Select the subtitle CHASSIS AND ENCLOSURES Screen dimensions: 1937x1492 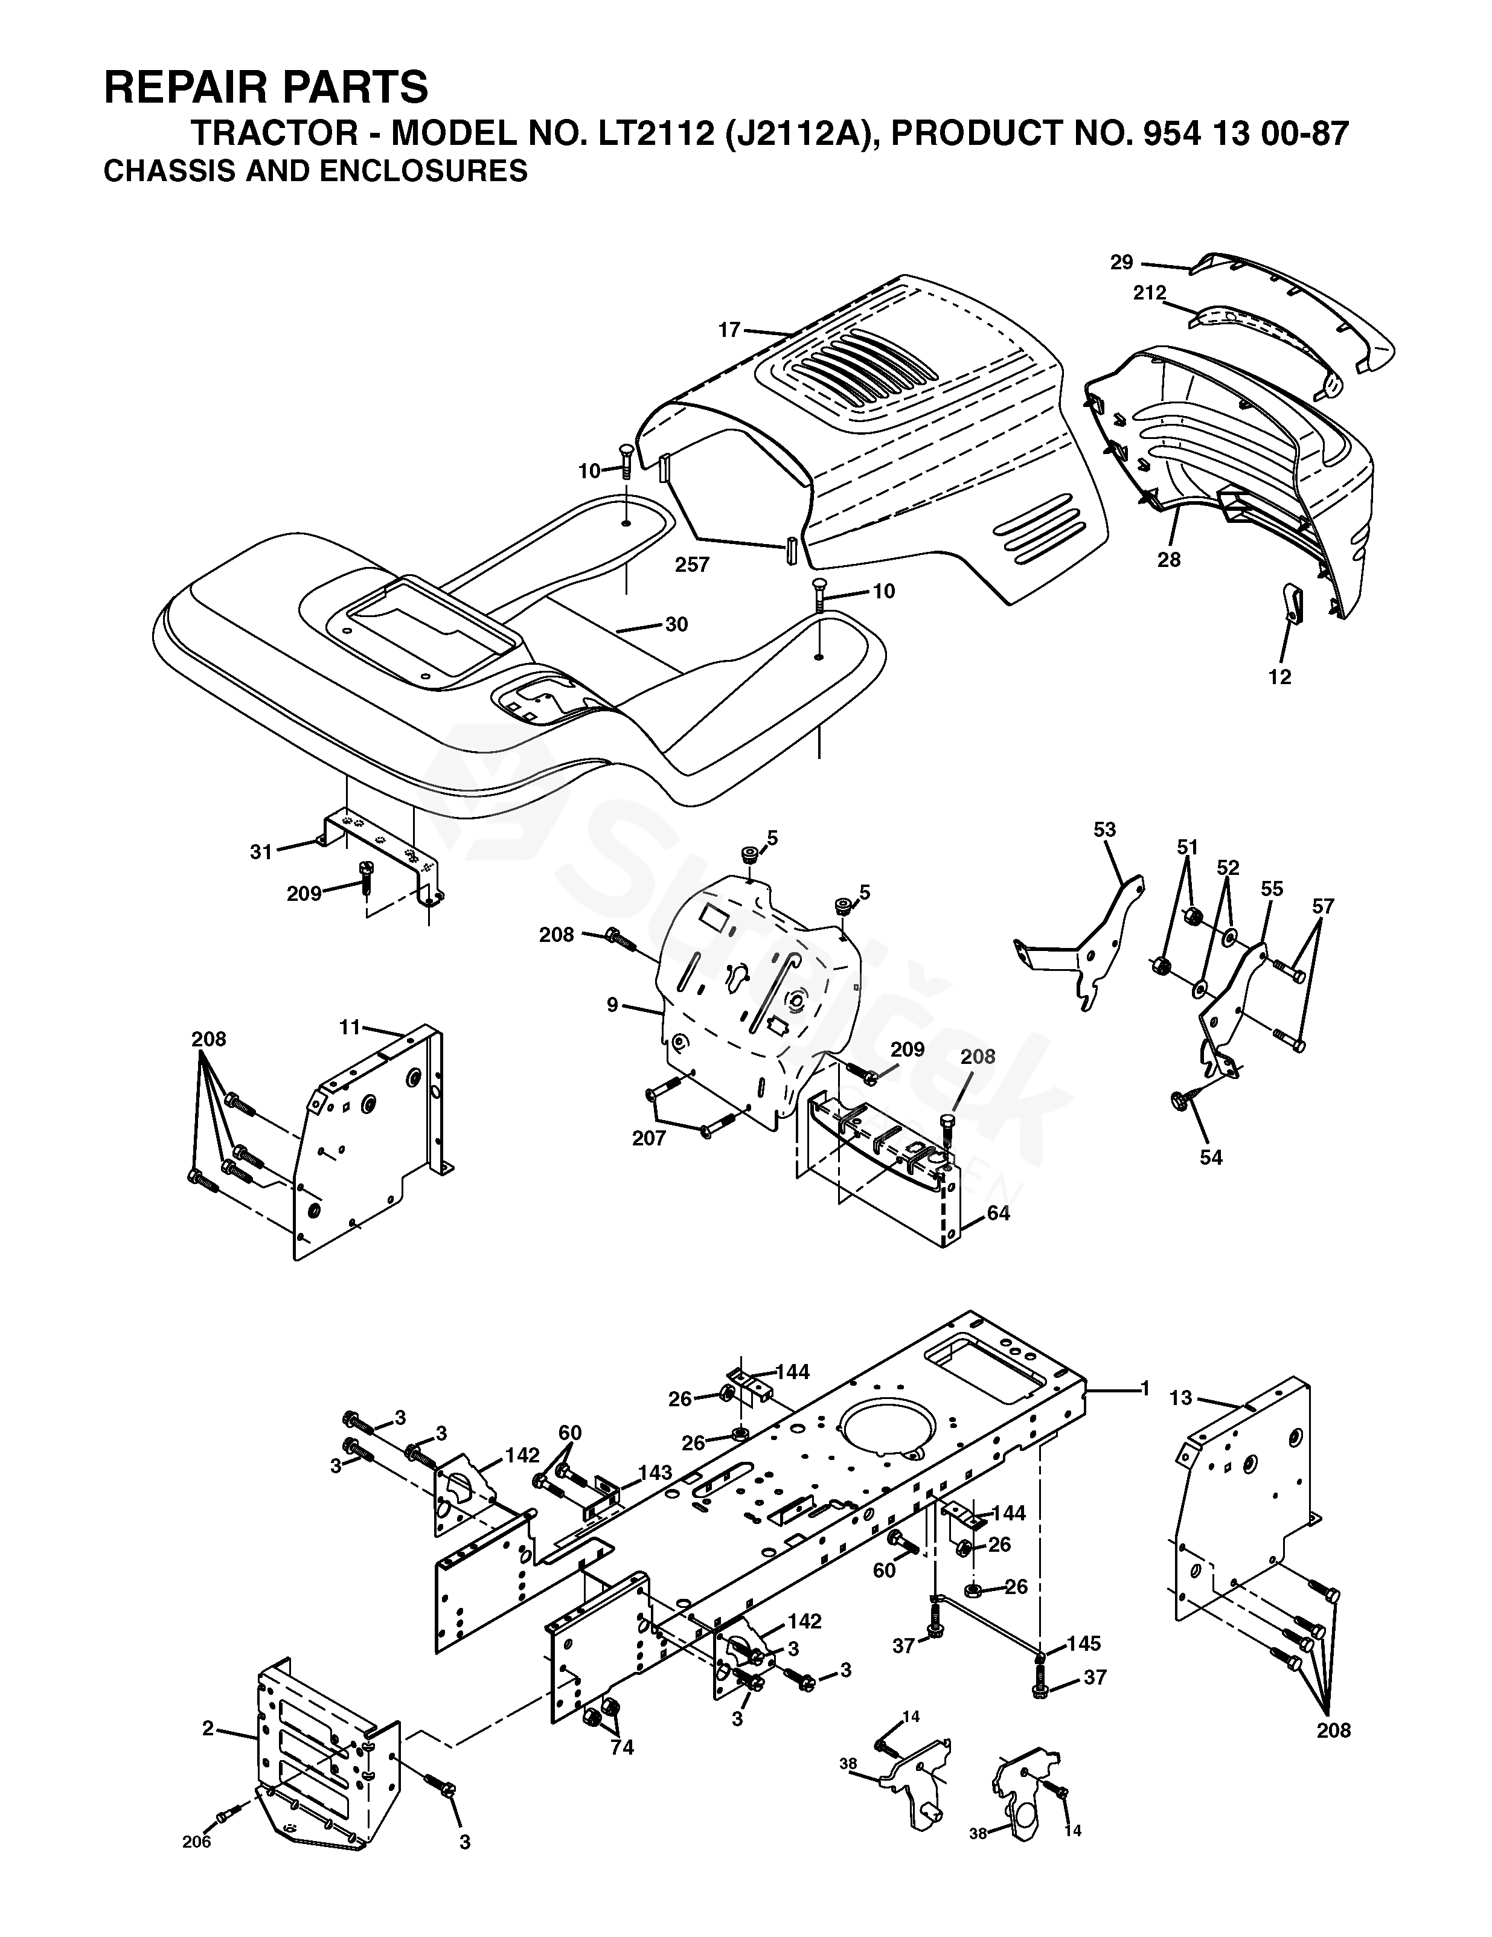315,170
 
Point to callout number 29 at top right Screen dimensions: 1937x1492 1121,261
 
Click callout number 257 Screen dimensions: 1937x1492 692,564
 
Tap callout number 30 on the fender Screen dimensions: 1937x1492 676,624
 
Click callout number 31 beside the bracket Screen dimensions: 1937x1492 261,851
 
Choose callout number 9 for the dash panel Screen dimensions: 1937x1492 612,1005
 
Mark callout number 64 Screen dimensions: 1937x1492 998,1213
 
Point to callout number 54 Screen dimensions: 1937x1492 1210,1156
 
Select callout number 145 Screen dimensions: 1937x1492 1083,1644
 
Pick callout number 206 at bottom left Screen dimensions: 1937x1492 197,1841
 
